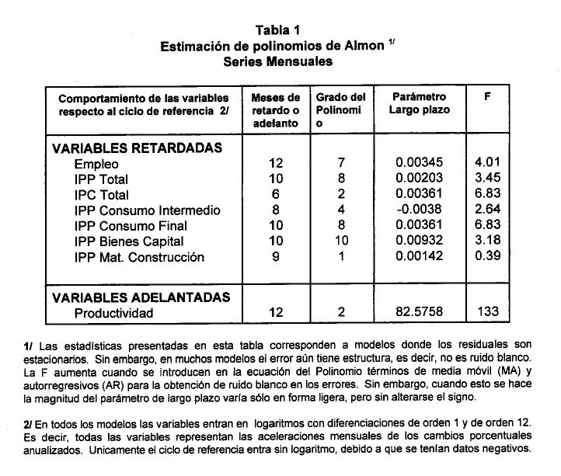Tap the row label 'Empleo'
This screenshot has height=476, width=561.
coord(96,164)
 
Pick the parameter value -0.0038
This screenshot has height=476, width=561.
coord(420,210)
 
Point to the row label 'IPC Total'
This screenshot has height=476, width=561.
coord(102,195)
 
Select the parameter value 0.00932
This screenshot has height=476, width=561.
coord(420,241)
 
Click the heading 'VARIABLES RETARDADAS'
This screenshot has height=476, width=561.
coord(138,148)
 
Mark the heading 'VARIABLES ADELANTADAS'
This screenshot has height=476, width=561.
coord(141,297)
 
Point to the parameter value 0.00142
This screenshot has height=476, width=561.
coord(420,257)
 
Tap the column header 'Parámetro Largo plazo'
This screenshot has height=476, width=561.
coord(420,103)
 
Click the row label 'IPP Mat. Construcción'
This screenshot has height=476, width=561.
coord(139,257)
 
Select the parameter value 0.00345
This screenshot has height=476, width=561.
coord(420,164)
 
